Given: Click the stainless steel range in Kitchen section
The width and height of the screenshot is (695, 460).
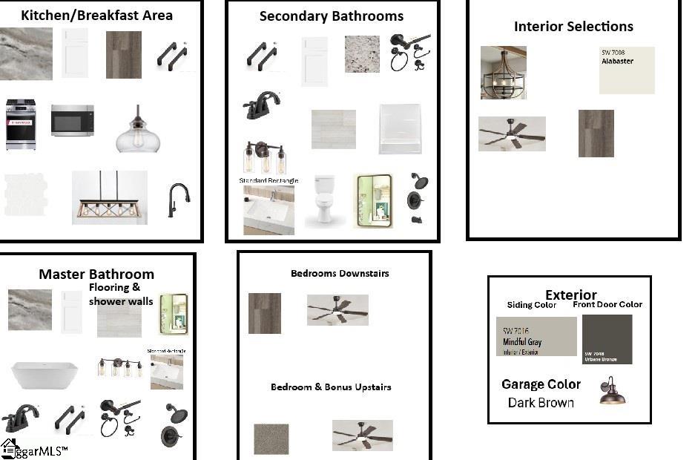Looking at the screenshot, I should [x=21, y=125].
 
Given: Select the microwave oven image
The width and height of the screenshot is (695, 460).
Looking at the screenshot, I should [x=72, y=120].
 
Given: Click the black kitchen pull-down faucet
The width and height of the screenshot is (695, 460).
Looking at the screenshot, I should [x=179, y=200].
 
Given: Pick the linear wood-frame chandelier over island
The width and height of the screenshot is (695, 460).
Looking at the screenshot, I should [x=110, y=197].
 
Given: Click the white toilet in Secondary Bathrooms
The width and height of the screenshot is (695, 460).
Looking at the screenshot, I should [x=323, y=200].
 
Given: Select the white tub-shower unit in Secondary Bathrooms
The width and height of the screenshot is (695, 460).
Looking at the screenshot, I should [x=400, y=128].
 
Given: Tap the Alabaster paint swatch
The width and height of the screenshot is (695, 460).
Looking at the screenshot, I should [x=627, y=70].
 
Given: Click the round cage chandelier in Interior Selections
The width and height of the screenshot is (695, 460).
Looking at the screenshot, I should [x=503, y=72].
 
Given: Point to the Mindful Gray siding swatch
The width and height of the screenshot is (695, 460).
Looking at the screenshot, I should [x=536, y=336].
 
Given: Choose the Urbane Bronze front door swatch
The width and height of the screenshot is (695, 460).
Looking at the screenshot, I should [x=607, y=339].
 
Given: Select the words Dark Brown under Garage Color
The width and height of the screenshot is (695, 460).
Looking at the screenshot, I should [x=541, y=403].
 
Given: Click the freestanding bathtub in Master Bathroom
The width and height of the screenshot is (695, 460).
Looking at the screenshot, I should [x=44, y=375].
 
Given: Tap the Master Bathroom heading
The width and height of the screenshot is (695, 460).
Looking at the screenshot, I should [x=96, y=275].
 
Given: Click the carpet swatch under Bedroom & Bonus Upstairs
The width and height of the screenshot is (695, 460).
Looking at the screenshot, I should [x=271, y=438].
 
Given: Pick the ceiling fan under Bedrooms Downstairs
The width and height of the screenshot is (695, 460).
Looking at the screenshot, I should [x=337, y=309].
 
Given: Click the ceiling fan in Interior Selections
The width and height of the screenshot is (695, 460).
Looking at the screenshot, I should [x=511, y=134].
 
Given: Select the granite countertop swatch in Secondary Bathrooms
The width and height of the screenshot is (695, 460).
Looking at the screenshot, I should [x=362, y=54].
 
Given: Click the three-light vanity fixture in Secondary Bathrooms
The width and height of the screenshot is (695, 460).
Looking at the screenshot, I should [x=264, y=157].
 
